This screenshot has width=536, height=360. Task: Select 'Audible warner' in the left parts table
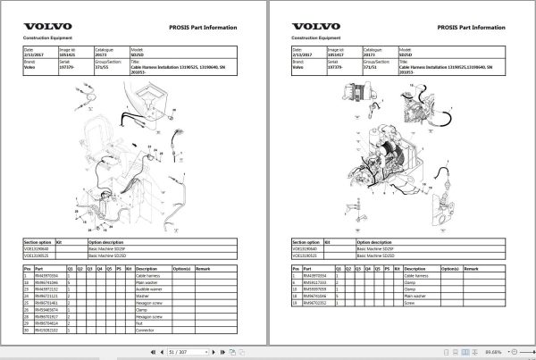(x=148, y=289)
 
